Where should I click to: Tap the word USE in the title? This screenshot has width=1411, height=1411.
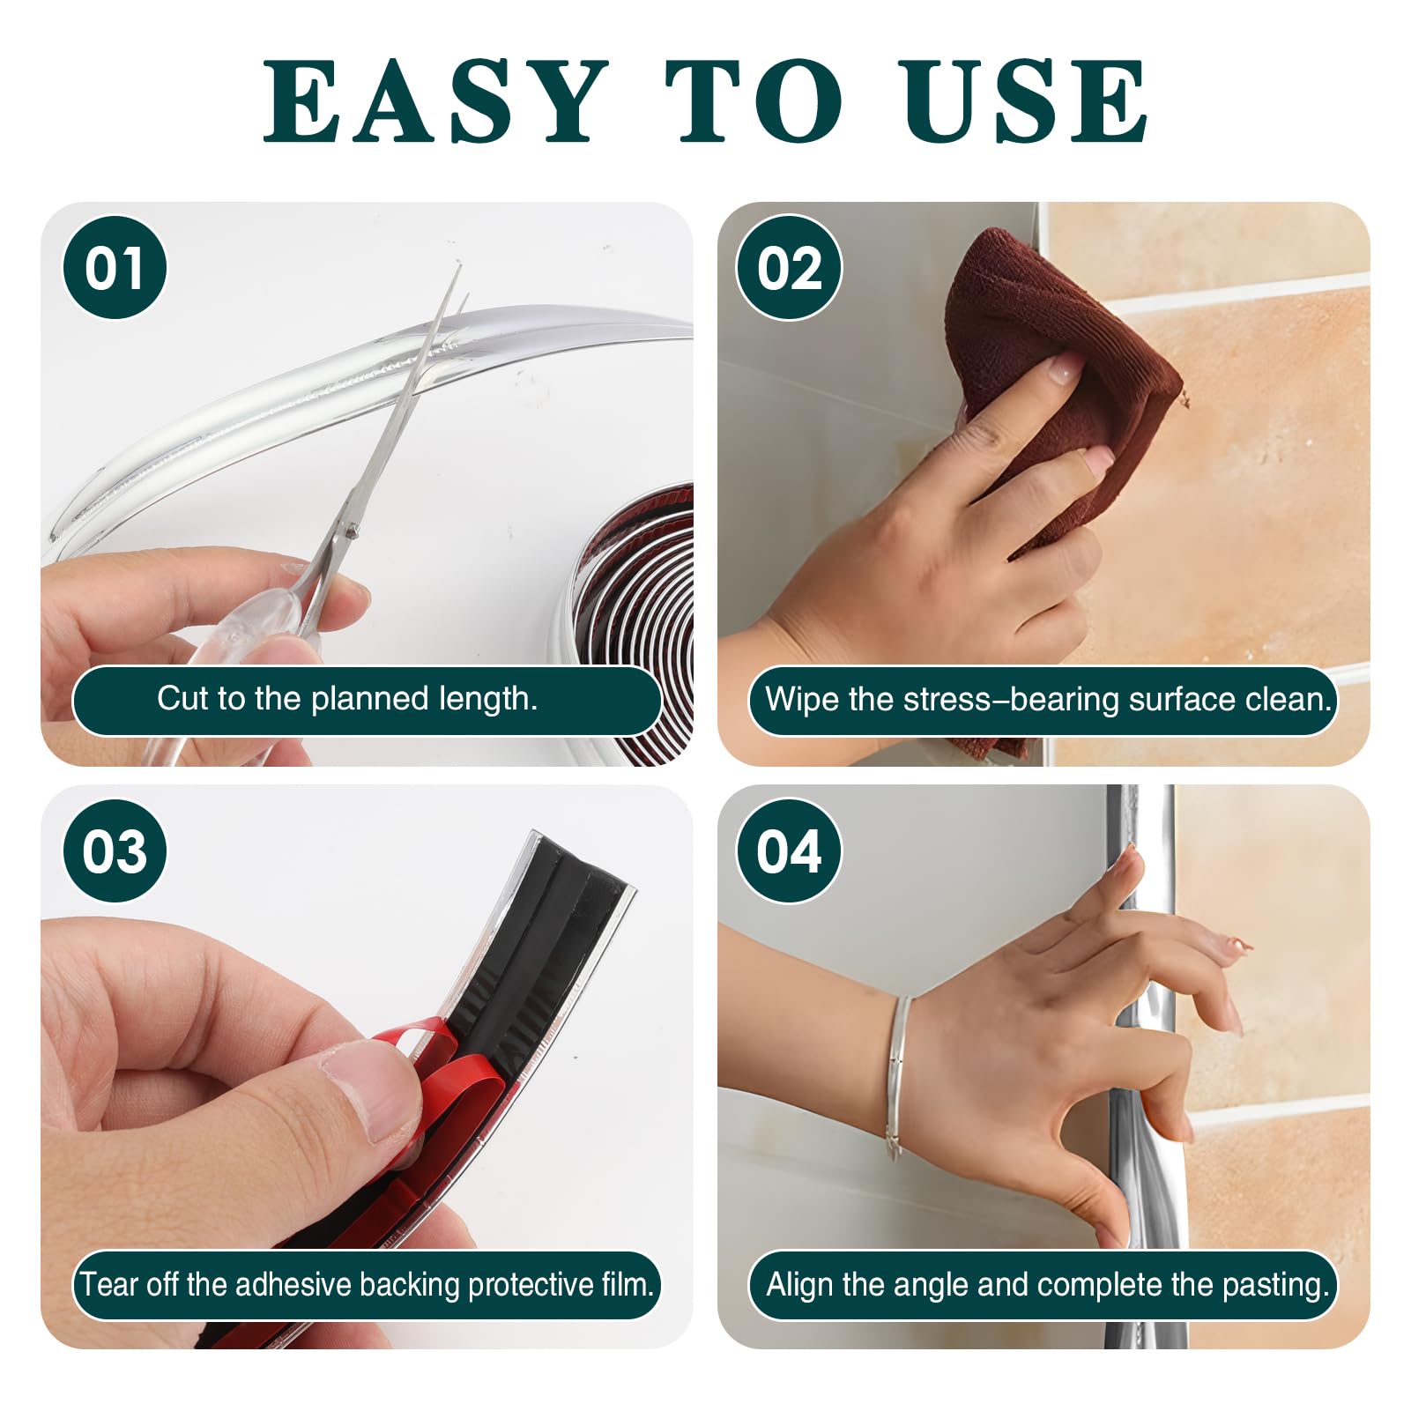1025,101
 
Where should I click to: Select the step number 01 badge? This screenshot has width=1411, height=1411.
115,268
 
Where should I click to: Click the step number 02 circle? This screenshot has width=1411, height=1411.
789,268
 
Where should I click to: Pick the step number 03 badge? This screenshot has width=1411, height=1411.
115,851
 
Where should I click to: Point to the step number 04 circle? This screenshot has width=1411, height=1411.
789,851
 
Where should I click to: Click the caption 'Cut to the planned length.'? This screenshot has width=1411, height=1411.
347,699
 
